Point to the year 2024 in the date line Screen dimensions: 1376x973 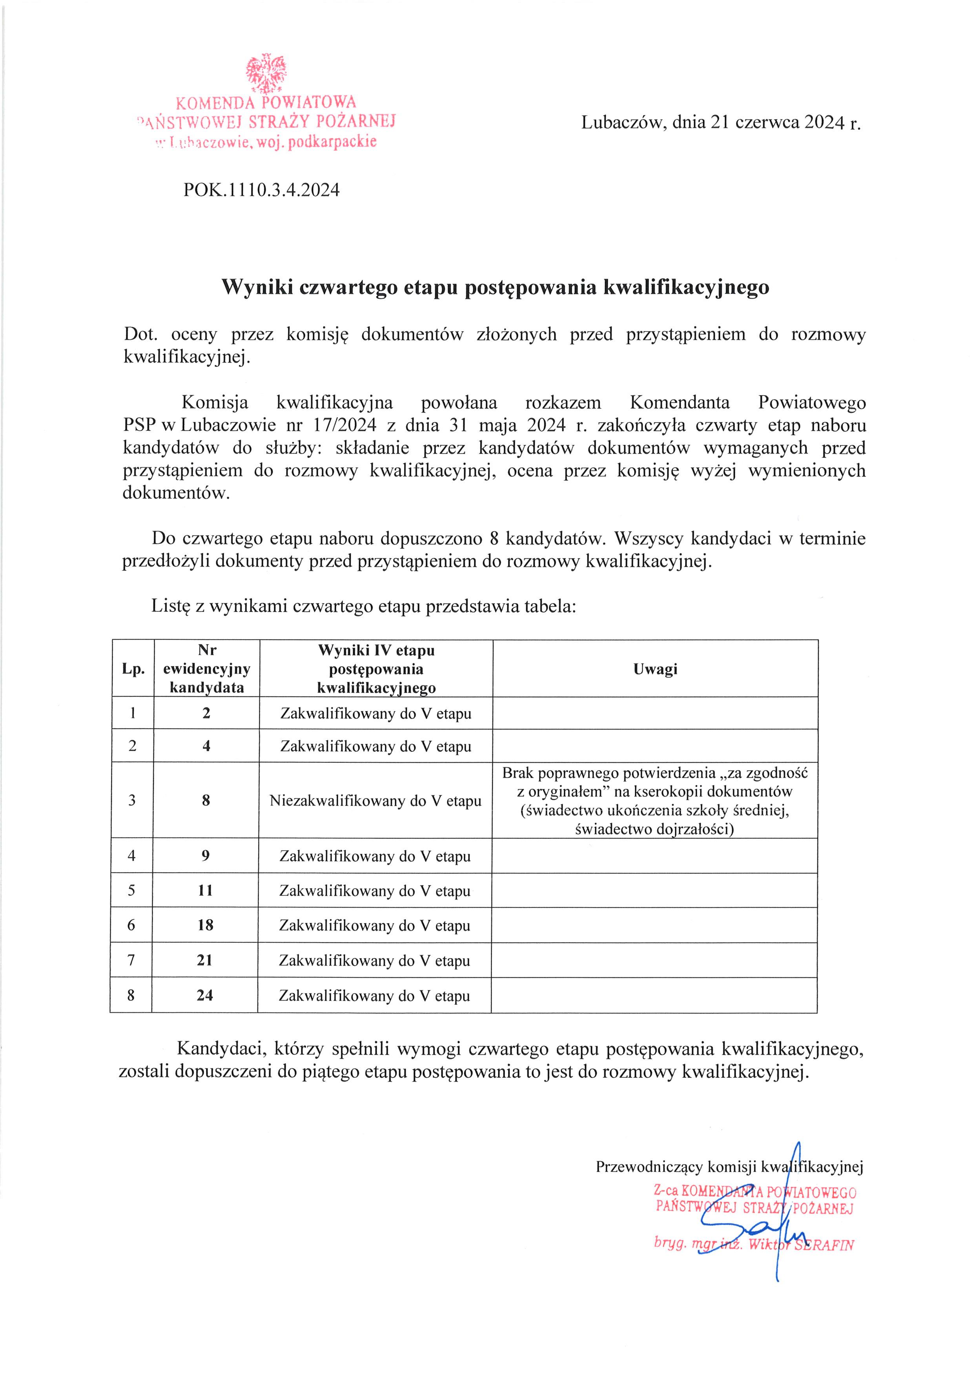pyautogui.click(x=824, y=122)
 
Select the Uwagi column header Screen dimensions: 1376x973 pyautogui.click(x=656, y=669)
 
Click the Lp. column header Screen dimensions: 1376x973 pyautogui.click(x=133, y=669)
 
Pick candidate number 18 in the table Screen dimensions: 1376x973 pyautogui.click(x=206, y=925)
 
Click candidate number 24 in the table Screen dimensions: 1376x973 pyautogui.click(x=205, y=995)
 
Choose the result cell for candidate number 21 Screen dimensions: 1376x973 pyautogui.click(x=374, y=960)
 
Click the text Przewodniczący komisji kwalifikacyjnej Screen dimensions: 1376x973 pyautogui.click(x=729, y=1166)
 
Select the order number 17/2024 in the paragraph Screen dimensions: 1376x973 pyautogui.click(x=344, y=425)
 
